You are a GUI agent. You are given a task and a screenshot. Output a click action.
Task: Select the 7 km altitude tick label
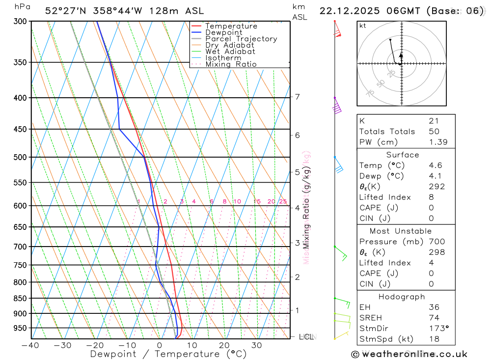click(298, 97)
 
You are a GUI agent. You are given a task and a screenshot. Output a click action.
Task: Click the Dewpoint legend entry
click(223, 32)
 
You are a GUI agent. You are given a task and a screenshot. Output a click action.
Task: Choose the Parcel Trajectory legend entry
click(241, 39)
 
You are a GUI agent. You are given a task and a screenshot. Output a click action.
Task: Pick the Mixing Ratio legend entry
click(231, 64)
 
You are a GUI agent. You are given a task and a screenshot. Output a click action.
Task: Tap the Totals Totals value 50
click(434, 132)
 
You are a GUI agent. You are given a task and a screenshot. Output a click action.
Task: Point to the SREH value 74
click(434, 318)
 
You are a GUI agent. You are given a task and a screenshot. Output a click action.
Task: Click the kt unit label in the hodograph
click(363, 26)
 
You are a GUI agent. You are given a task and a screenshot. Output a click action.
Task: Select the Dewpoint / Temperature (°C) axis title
click(168, 354)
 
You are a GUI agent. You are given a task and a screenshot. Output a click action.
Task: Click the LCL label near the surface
click(306, 337)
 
